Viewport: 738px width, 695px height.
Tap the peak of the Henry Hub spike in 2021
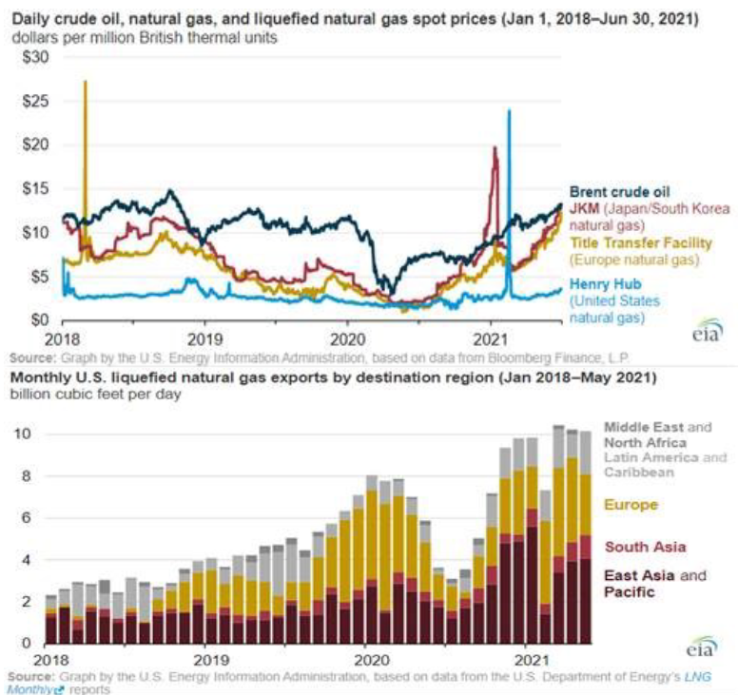pos(509,110)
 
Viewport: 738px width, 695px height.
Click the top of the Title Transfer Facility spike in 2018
pos(86,82)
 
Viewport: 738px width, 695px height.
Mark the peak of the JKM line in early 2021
pos(495,147)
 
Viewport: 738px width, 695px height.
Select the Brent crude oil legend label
pos(619,191)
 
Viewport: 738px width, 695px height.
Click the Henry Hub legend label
pos(605,282)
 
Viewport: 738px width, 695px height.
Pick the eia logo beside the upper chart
pos(706,329)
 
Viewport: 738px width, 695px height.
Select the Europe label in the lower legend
pos(631,505)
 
